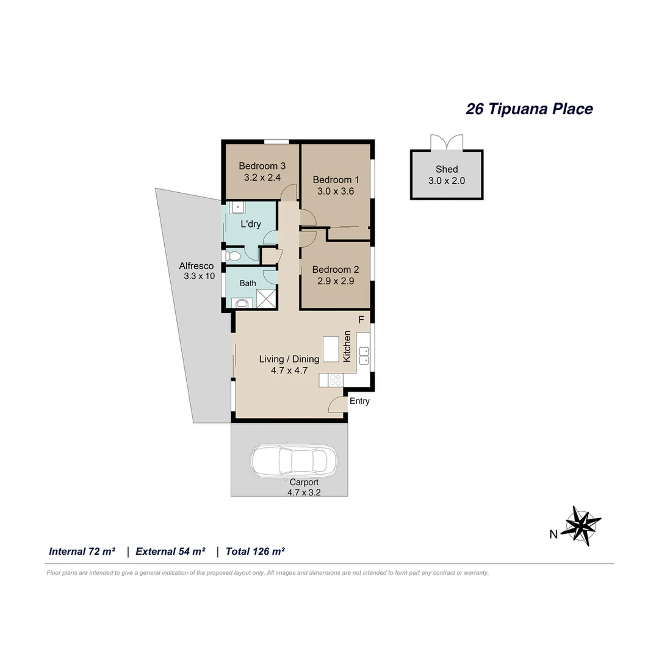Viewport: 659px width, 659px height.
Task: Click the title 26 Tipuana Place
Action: [x=529, y=109]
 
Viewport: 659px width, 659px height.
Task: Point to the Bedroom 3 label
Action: [x=262, y=166]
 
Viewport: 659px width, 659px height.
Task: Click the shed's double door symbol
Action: [x=447, y=143]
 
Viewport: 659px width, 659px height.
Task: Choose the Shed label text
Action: [x=447, y=169]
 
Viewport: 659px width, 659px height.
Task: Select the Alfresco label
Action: [x=196, y=266]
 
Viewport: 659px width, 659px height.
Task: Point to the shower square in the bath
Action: [x=266, y=298]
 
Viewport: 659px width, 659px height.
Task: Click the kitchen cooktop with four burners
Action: [x=335, y=380]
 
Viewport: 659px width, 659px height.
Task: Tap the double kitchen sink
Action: [x=364, y=355]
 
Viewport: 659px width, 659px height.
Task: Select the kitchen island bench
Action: [x=331, y=348]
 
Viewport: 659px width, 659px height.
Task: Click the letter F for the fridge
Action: [x=361, y=320]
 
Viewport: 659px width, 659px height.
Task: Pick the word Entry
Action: [x=359, y=401]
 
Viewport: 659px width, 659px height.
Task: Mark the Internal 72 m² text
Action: [x=82, y=552]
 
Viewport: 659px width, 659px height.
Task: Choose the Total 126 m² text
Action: [x=255, y=552]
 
